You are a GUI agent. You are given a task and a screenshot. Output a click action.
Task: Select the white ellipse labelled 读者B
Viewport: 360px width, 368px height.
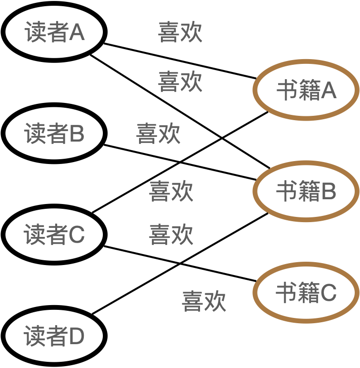pos(54,133)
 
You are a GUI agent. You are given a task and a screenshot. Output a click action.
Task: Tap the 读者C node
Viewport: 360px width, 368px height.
pos(54,235)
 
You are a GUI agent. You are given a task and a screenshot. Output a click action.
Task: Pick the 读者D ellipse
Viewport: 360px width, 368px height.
pos(54,336)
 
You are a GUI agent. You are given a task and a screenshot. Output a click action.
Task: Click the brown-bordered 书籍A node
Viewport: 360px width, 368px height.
pos(306,90)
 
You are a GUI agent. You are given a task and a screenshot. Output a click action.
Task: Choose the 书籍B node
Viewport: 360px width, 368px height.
pos(306,192)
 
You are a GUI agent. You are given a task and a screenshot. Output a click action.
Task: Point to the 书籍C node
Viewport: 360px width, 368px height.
pos(306,293)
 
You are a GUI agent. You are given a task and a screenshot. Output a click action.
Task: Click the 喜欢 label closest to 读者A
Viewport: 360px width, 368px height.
pos(180,32)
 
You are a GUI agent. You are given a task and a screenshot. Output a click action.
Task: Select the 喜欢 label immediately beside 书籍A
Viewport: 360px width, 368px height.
pos(180,82)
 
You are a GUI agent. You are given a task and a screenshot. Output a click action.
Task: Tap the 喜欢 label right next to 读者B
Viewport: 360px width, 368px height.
pos(158,134)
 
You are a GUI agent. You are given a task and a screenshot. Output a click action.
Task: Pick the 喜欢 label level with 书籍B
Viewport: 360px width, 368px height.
pos(171,191)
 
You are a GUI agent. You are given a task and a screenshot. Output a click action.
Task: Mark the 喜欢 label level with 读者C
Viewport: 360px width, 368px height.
pos(171,235)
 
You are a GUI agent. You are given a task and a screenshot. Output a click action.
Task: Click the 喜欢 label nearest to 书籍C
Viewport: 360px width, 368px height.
pos(204,301)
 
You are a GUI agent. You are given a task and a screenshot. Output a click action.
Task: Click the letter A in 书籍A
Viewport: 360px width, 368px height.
pos(329,91)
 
